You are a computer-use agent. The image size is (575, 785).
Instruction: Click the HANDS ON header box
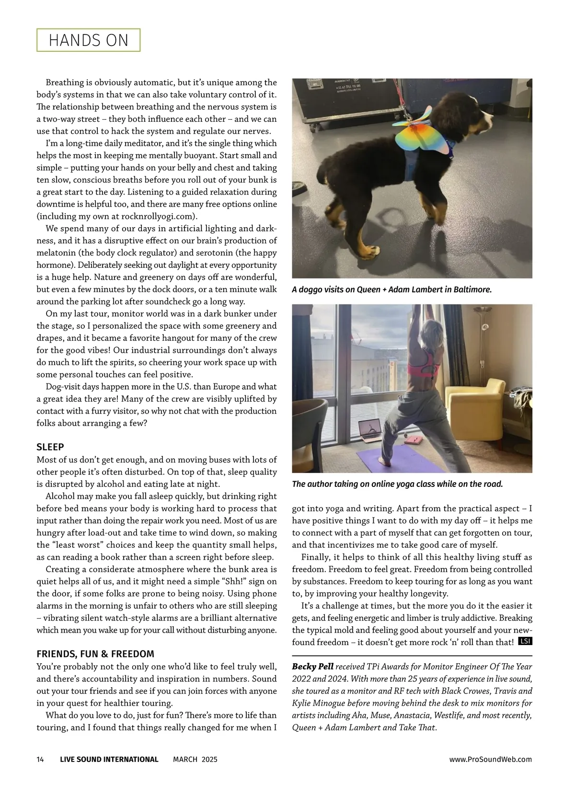click(89, 40)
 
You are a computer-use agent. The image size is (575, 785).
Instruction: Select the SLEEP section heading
click(50, 447)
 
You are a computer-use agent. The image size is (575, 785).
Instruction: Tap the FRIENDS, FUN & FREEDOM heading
click(95, 654)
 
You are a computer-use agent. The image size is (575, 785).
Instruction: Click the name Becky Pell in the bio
click(312, 667)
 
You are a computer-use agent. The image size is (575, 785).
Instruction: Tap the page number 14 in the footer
click(40, 759)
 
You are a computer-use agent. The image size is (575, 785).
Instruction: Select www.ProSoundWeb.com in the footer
click(490, 759)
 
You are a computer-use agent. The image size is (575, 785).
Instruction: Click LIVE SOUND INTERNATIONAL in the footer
click(109, 759)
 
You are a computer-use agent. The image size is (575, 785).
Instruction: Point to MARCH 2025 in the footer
click(195, 759)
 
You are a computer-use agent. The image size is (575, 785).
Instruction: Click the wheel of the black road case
click(313, 128)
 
